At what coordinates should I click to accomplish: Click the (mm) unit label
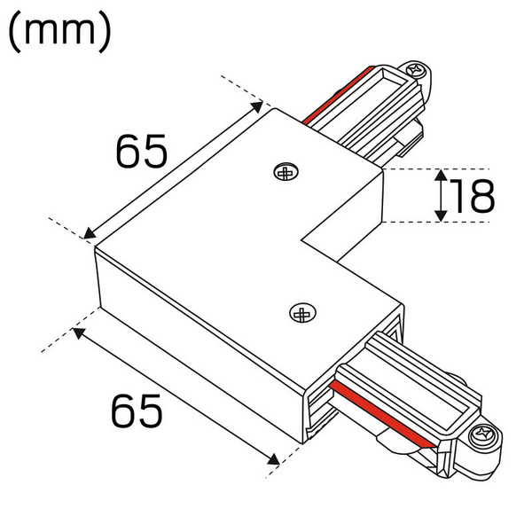point(59,32)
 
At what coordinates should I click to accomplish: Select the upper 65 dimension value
point(141,153)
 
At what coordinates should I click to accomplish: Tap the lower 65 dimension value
point(137,411)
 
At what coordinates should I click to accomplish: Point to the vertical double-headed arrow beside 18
point(441,196)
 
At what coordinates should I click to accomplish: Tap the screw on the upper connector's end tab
point(413,68)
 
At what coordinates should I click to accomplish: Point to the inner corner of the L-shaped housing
point(303,238)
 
